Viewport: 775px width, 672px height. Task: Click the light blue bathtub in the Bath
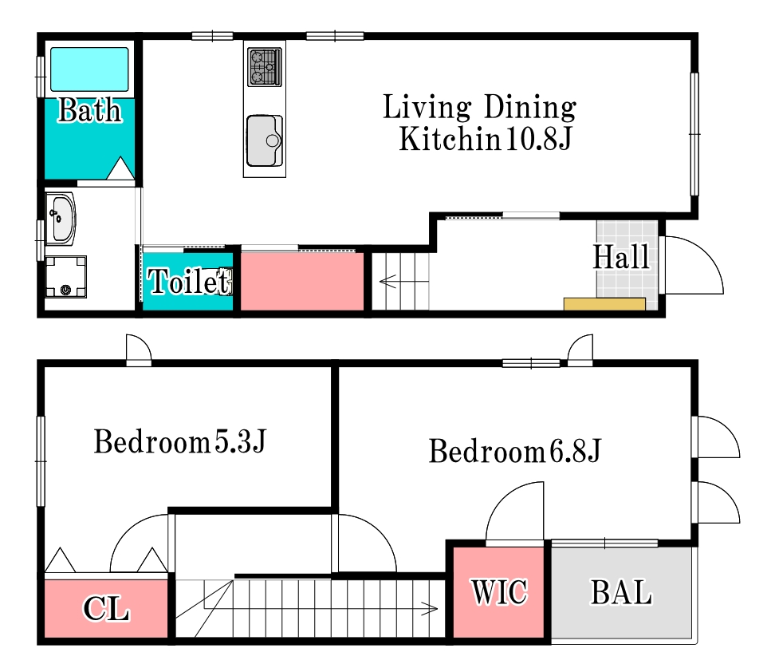pos(89,69)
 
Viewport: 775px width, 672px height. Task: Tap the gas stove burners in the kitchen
pos(265,67)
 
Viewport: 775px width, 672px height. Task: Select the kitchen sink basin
pos(265,140)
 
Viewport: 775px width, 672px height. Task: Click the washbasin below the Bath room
pos(61,219)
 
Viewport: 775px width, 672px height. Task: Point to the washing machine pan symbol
pos(66,277)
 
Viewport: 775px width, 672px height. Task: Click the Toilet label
pos(189,282)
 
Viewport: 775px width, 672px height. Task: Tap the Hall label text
pos(621,257)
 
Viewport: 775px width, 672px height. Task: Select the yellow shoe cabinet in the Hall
pos(604,304)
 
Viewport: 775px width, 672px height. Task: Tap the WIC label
pos(499,591)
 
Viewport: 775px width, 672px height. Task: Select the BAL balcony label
pos(621,592)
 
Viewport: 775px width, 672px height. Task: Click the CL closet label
pos(106,608)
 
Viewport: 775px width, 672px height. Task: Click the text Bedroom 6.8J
pos(514,451)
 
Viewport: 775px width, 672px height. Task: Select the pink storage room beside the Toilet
pos(302,282)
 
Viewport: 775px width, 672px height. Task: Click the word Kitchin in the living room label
pos(449,139)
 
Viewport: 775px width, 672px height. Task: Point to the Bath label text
pos(89,110)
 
